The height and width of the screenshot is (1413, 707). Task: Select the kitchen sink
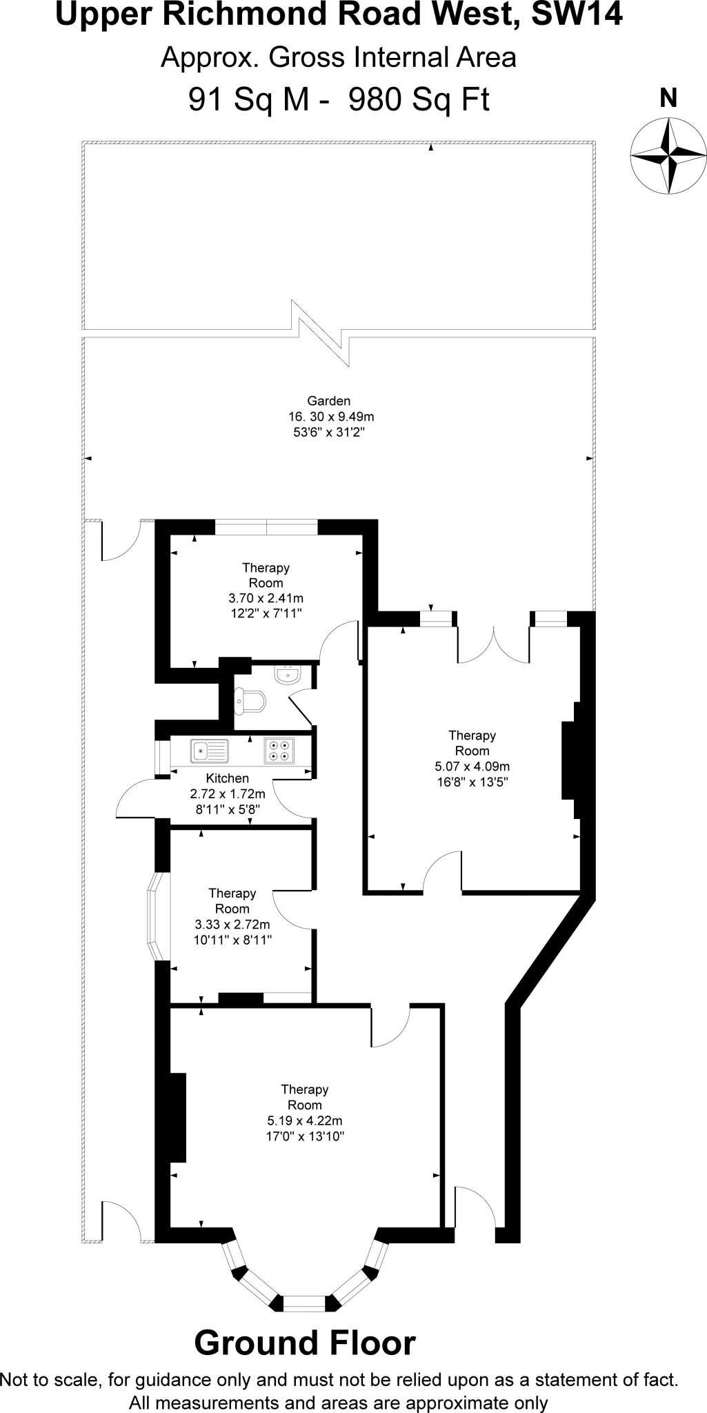(209, 750)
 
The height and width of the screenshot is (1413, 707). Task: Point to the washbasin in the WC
(286, 674)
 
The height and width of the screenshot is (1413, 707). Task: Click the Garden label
(329, 401)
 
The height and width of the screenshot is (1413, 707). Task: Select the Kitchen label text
(227, 778)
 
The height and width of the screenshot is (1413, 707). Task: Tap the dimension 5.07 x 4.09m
(472, 767)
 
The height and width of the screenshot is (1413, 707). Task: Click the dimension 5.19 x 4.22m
(304, 1120)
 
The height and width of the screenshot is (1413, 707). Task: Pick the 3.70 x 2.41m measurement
(266, 598)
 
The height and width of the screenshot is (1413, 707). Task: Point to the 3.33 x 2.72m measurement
(232, 925)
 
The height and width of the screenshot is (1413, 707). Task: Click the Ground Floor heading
(305, 1343)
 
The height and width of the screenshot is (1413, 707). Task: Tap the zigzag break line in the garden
(321, 333)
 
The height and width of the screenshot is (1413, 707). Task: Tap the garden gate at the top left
(121, 542)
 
